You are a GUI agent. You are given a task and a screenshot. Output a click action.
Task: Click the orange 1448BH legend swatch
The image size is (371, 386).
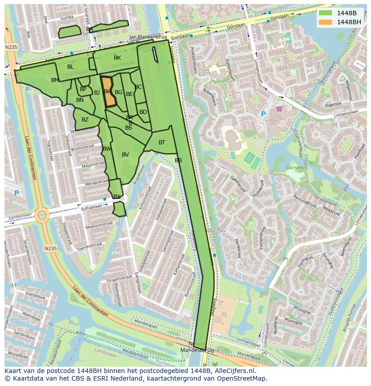326,22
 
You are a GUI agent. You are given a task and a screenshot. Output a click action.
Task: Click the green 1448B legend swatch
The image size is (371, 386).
326,13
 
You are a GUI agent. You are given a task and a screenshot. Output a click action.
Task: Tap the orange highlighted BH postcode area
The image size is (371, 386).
108,91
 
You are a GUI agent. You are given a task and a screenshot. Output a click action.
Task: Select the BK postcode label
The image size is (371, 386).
117,58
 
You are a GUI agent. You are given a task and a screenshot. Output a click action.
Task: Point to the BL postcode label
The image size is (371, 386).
70,67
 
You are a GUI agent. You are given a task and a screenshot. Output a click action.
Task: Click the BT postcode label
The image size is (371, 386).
162,143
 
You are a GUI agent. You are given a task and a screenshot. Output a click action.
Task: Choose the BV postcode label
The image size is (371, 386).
125,155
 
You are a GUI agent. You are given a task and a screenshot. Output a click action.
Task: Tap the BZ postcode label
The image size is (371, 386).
85,120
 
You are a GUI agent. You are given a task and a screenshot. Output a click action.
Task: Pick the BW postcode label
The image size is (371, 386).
107,149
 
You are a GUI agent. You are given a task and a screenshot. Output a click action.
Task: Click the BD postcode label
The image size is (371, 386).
143,112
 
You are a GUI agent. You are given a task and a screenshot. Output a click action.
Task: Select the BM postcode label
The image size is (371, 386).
55,80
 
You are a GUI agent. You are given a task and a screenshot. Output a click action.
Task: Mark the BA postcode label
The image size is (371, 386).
90,29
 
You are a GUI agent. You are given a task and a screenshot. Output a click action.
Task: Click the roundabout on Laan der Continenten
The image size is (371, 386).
42,215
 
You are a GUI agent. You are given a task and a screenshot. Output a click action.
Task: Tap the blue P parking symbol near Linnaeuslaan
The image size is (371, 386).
263,115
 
